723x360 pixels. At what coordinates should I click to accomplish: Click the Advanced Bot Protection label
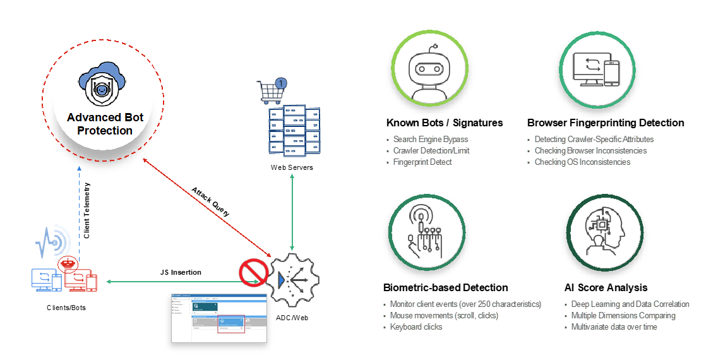pyautogui.click(x=105, y=124)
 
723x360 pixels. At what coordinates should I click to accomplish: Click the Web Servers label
pyautogui.click(x=292, y=167)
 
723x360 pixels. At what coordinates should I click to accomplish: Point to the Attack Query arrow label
pyautogui.click(x=211, y=201)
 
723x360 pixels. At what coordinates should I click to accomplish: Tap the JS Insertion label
pyautogui.click(x=181, y=272)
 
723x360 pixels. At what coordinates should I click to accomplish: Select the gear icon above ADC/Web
pyautogui.click(x=292, y=278)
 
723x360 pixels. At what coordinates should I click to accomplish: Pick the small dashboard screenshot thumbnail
pyautogui.click(x=219, y=318)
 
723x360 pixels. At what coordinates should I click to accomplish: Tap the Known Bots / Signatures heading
pyautogui.click(x=445, y=123)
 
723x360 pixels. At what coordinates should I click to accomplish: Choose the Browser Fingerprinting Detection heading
pyautogui.click(x=606, y=123)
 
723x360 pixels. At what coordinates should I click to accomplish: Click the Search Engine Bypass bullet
pyautogui.click(x=431, y=139)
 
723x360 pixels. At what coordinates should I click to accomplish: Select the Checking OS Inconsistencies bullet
pyautogui.click(x=582, y=162)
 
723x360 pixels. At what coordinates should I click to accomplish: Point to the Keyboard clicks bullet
pyautogui.click(x=416, y=327)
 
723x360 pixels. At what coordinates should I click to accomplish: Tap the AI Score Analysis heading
pyautogui.click(x=606, y=287)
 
